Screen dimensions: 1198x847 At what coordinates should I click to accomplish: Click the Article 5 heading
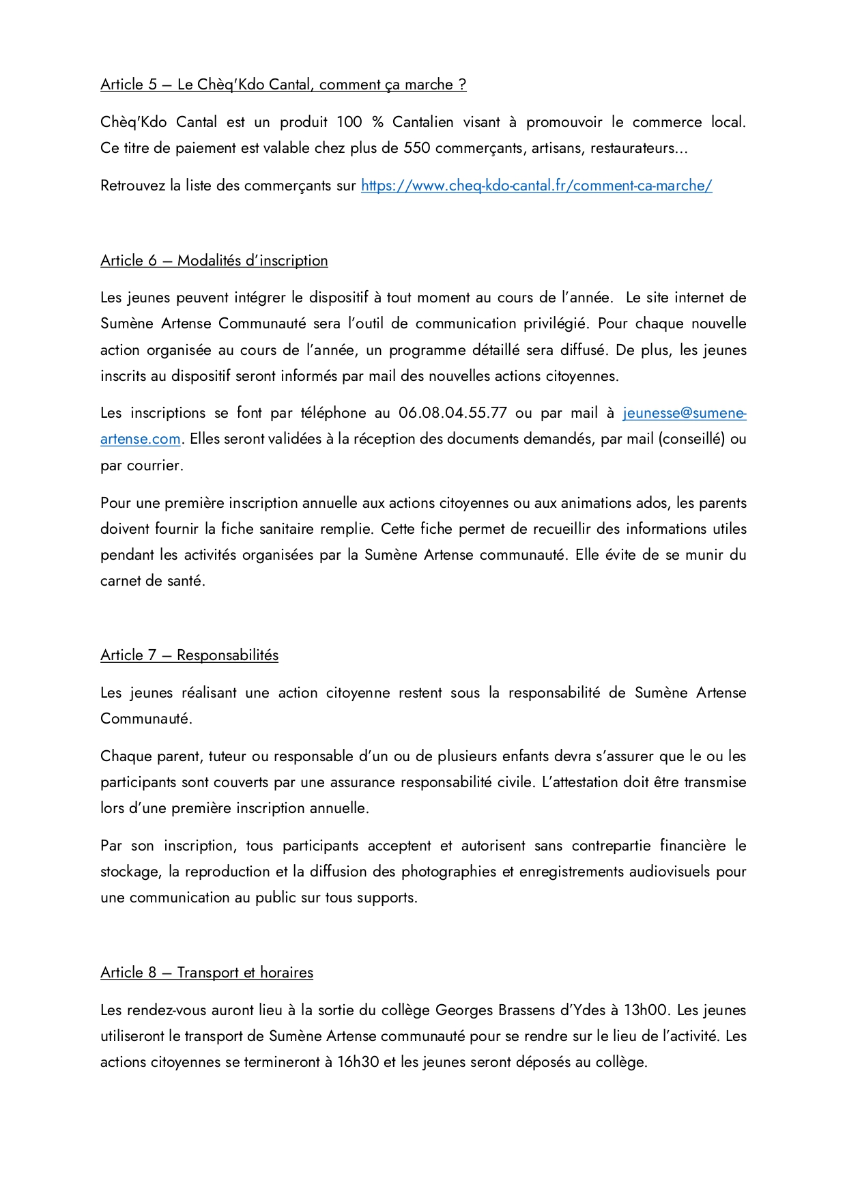tap(283, 85)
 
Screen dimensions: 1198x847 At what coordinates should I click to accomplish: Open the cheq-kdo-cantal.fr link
tap(536, 186)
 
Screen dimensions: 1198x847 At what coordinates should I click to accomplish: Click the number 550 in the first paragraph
tap(416, 148)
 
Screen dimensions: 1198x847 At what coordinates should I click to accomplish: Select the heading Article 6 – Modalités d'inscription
tap(214, 261)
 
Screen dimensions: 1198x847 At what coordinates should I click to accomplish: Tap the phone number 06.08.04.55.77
tap(453, 413)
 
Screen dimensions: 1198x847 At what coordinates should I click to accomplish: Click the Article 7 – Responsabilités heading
tap(189, 655)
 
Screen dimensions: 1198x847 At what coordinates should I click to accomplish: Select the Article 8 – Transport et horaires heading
tap(206, 973)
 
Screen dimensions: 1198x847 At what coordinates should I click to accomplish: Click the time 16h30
tap(358, 1062)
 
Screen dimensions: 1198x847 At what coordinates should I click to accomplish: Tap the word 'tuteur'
tap(227, 756)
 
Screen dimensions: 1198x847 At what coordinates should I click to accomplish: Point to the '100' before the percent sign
tap(349, 122)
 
